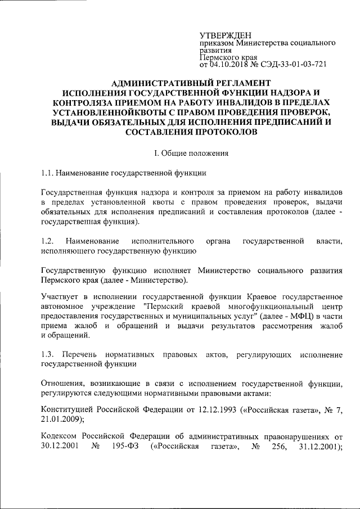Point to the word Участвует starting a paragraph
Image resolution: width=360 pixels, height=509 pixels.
pos(60,296)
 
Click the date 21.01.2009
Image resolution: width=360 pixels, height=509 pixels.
pos(61,419)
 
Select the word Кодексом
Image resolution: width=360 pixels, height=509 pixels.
pos(59,438)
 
